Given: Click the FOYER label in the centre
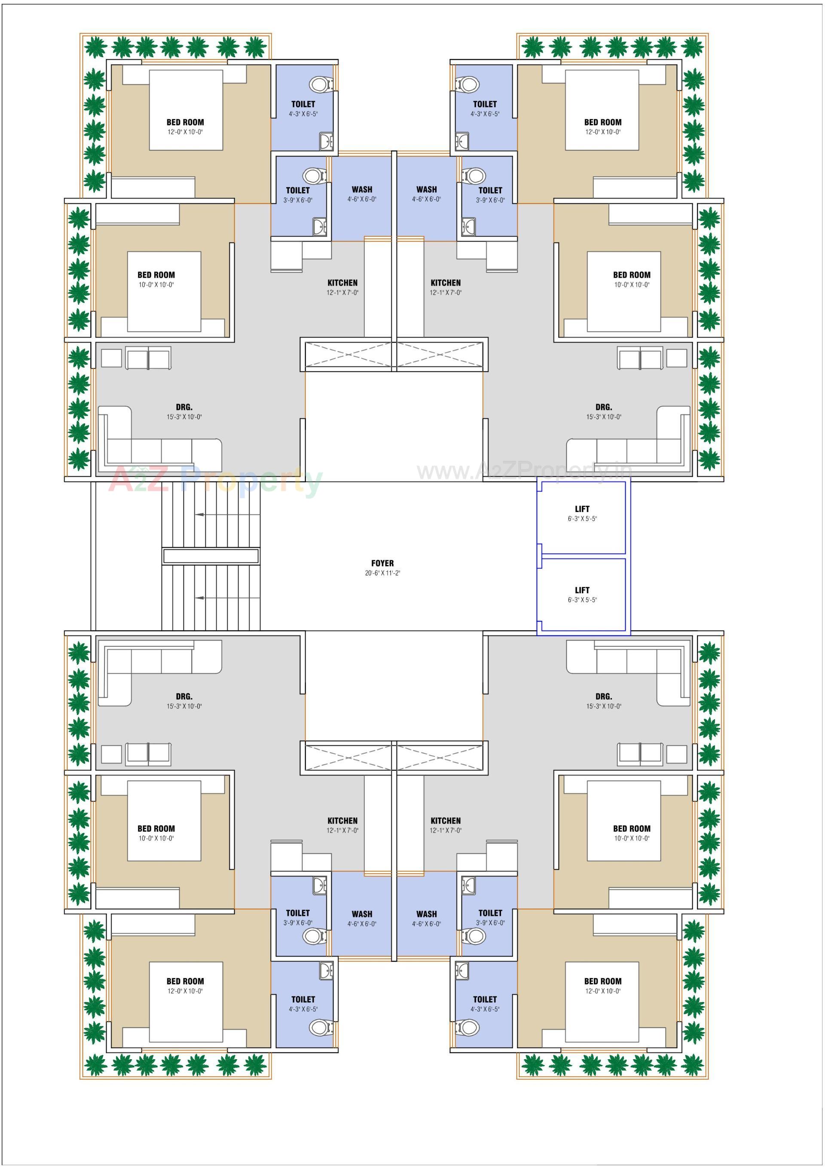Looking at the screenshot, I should click(382, 563).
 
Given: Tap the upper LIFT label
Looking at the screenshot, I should click(582, 509).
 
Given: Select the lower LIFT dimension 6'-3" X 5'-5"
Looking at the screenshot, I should click(582, 600).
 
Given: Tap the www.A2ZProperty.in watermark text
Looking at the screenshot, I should click(524, 472).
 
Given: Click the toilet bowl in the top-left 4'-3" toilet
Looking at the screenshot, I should click(321, 84).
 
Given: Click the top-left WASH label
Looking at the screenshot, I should click(362, 189).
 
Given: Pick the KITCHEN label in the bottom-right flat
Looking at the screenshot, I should click(446, 821).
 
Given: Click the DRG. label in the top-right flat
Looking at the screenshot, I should click(603, 407).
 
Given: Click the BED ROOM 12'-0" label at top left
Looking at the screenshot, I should click(185, 122).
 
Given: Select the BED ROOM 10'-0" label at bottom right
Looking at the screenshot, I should click(631, 829).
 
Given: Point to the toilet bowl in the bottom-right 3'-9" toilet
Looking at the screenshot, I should click(474, 935).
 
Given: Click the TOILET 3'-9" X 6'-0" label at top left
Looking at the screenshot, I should click(297, 191).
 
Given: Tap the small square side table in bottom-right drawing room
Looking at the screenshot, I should click(676, 754).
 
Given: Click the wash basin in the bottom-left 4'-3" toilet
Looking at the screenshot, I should click(327, 971).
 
